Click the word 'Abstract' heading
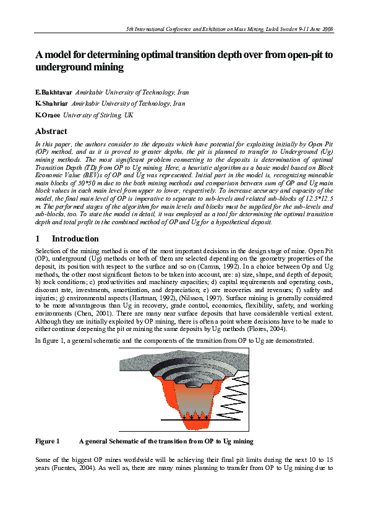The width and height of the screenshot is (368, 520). (x=51, y=132)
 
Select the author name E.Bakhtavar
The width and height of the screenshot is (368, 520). (x=54, y=92)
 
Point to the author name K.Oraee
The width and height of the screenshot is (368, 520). (x=48, y=115)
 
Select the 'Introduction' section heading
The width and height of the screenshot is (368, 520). (x=75, y=238)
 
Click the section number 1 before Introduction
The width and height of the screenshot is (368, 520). (x=38, y=238)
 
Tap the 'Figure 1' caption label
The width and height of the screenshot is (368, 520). (x=47, y=442)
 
